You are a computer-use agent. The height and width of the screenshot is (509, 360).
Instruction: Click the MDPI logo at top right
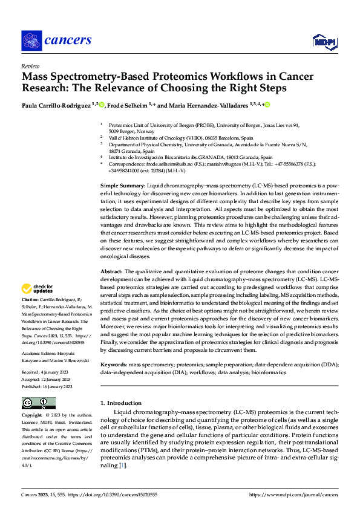pyautogui.click(x=324, y=41)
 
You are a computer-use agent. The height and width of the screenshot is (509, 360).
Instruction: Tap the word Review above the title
pyautogui.click(x=30, y=66)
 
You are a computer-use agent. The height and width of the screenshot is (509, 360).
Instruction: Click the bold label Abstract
pyautogui.click(x=111, y=271)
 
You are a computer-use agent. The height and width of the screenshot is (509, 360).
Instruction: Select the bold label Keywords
pyautogui.click(x=113, y=365)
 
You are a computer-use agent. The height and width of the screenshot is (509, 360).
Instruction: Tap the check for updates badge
pyautogui.click(x=38, y=290)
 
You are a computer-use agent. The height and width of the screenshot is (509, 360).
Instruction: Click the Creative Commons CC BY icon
pyautogui.click(x=38, y=403)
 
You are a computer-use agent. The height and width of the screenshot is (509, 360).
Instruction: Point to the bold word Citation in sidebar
pyautogui.click(x=30, y=299)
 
